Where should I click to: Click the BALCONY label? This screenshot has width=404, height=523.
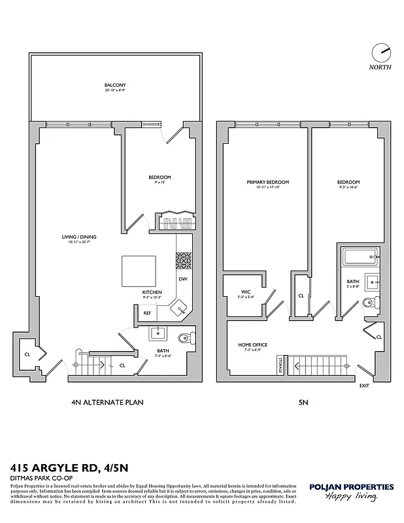click(115, 86)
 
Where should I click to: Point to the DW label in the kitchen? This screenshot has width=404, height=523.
click(183, 279)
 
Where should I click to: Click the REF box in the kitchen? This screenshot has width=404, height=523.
click(148, 313)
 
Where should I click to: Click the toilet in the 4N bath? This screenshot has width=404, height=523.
click(185, 339)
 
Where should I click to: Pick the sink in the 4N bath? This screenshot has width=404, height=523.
click(158, 334)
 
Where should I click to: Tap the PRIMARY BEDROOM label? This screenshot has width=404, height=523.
click(267, 182)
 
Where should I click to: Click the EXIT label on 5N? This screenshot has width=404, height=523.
click(364, 386)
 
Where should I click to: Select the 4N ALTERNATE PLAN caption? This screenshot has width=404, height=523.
click(106, 403)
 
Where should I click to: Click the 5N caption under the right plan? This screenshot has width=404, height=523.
click(303, 403)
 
